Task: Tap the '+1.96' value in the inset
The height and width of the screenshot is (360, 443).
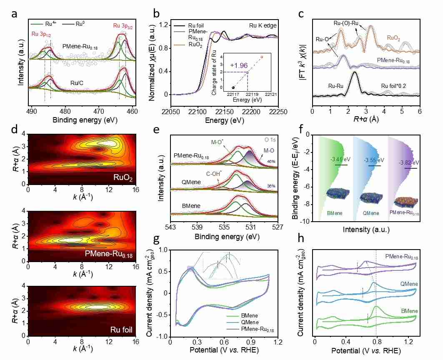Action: coord(237,65)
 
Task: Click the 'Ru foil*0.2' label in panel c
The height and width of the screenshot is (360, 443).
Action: coord(394,86)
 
